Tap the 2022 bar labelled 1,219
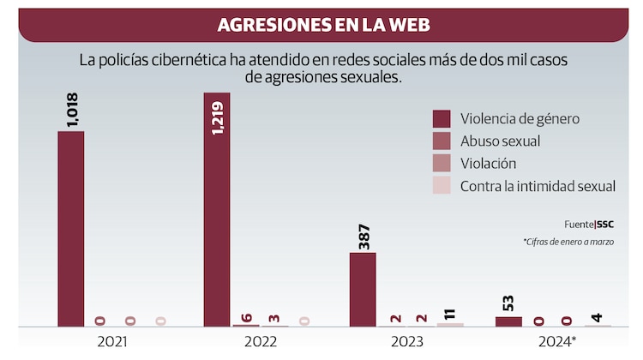[217, 209]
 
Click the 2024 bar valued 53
[508, 321]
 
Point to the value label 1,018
[71, 110]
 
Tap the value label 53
[508, 302]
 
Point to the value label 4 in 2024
[598, 318]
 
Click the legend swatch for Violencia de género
[442, 118]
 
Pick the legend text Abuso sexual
[500, 141]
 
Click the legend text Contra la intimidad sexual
[538, 186]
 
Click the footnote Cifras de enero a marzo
[568, 243]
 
